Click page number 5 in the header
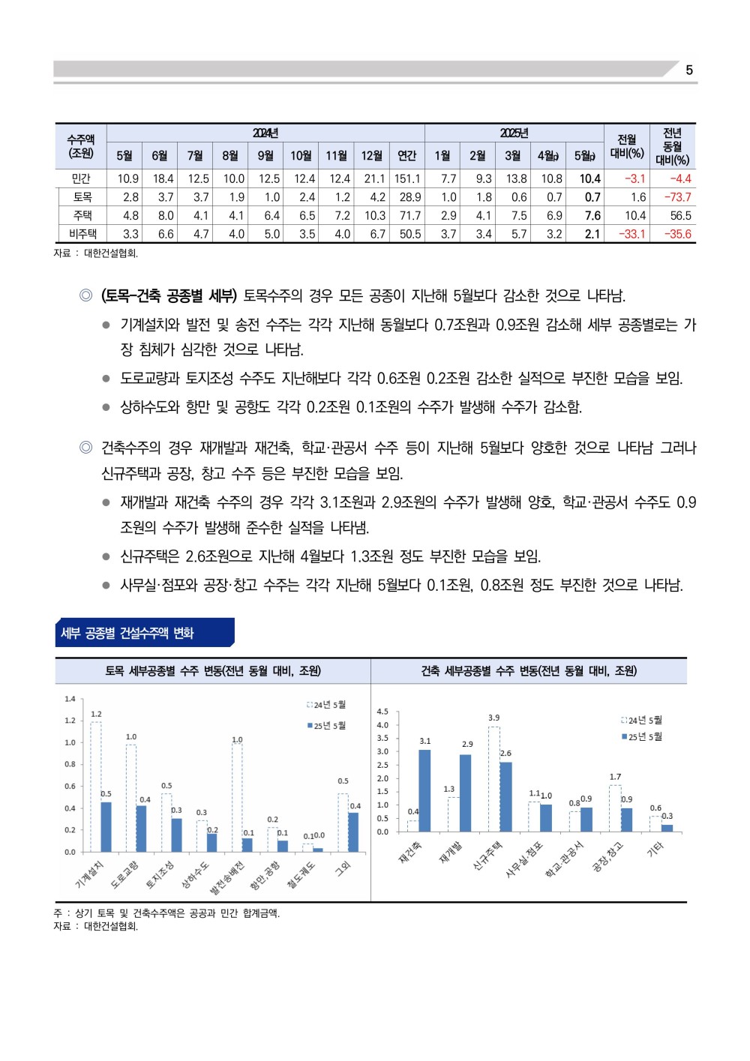point(688,70)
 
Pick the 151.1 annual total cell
point(407,178)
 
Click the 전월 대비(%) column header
point(626,146)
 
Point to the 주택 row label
point(82,215)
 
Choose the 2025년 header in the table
point(514,133)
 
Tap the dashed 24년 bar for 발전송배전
point(237,797)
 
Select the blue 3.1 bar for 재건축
point(424,790)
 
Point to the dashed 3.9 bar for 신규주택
point(493,779)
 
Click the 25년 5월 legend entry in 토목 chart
point(326,725)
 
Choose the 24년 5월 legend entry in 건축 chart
point(641,720)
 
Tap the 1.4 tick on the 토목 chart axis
point(70,699)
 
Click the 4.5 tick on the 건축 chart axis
point(382,712)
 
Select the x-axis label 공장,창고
point(606,858)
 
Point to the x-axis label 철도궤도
point(301,875)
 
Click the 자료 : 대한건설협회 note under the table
point(96,253)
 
